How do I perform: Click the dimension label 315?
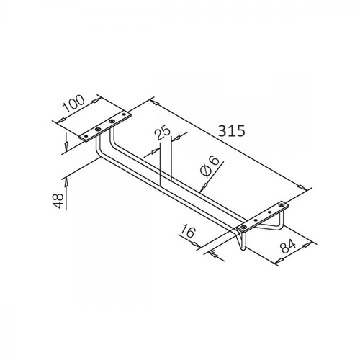[x=232, y=131]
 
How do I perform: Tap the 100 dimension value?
[x=73, y=104]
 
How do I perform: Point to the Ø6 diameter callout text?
[x=210, y=166]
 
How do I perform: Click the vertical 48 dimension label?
[x=58, y=201]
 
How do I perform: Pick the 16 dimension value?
[x=188, y=230]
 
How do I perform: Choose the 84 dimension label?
[x=288, y=246]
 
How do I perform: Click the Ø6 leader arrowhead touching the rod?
[x=204, y=186]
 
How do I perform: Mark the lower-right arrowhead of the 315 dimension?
[x=303, y=187]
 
